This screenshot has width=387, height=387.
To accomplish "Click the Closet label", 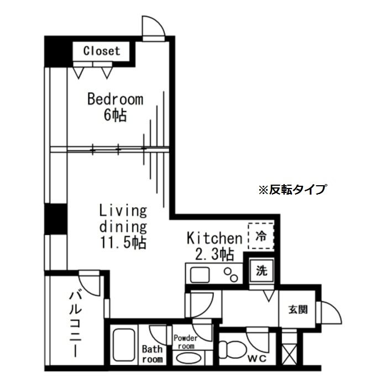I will [101, 51].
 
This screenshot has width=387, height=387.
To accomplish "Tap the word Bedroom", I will [115, 100].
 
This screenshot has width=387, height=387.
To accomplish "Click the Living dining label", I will [123, 218].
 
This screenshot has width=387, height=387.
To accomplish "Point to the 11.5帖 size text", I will [123, 243].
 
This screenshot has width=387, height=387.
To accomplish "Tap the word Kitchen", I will [215, 238].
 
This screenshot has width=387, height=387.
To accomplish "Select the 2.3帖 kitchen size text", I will [215, 254].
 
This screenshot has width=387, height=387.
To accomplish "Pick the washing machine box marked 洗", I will [262, 271].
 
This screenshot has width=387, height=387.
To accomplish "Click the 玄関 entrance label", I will [297, 310].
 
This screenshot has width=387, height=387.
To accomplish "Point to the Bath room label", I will [152, 354].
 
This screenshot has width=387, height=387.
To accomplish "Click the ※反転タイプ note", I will [292, 190].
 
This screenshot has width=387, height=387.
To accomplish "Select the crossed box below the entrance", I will [289, 353].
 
